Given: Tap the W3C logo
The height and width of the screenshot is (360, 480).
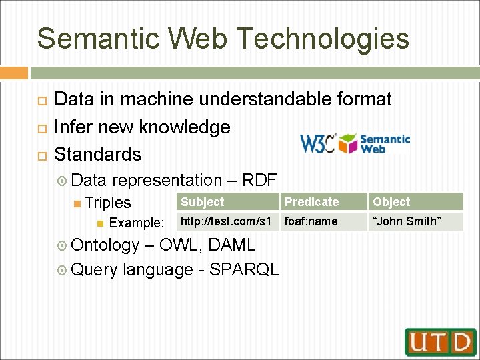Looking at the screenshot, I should (x=317, y=143).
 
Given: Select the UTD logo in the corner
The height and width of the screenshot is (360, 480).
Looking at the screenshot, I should (x=440, y=342).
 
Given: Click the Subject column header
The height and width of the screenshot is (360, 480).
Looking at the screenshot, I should (x=203, y=202).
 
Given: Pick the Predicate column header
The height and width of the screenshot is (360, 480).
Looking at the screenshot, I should (x=311, y=202).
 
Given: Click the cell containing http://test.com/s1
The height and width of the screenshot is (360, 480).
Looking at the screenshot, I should (x=225, y=221).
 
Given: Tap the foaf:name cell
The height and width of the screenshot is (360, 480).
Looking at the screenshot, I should (x=311, y=221).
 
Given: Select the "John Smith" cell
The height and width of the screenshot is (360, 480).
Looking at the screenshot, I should (x=407, y=221).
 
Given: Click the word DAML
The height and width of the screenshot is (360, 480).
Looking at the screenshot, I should (x=232, y=245).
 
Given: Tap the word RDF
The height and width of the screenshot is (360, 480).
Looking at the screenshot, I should (x=259, y=180).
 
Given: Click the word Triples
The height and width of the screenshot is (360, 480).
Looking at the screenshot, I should (x=109, y=203).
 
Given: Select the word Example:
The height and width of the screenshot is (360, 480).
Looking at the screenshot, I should (x=136, y=223).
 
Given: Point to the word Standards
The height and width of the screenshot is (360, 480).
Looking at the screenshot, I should (x=98, y=155).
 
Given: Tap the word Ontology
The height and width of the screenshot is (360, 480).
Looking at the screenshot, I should (x=105, y=245).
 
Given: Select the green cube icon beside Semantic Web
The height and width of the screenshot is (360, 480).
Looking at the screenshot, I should (x=349, y=143).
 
